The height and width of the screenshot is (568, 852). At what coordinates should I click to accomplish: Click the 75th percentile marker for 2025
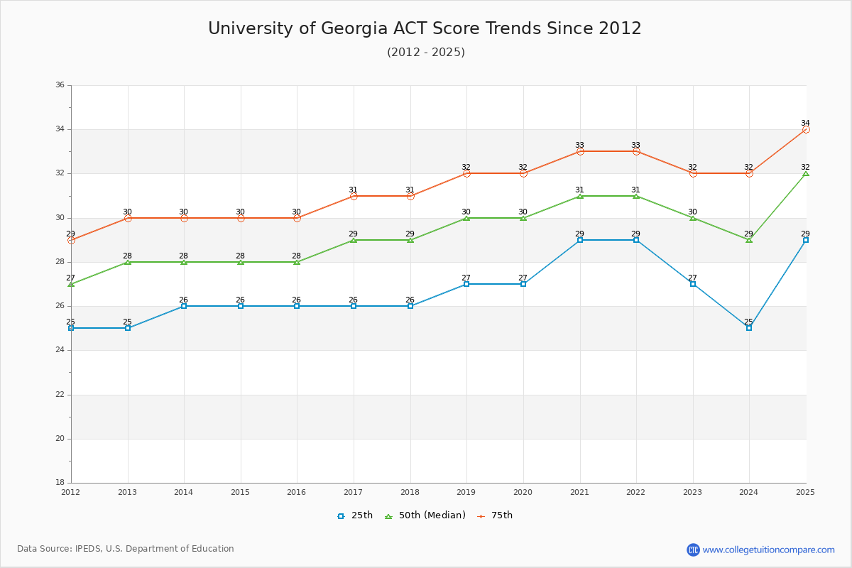[806, 129]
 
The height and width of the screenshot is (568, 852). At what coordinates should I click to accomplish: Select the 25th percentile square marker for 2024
[749, 328]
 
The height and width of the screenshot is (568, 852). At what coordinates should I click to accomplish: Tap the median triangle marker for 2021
[580, 195]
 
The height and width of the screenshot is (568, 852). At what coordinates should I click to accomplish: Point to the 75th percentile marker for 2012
[71, 240]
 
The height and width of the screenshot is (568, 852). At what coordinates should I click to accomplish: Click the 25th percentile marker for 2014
[184, 306]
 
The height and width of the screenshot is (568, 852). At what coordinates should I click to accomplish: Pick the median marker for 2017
[354, 240]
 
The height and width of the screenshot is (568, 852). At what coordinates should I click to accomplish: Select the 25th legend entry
[355, 515]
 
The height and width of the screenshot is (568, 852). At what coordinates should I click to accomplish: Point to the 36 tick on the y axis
[60, 85]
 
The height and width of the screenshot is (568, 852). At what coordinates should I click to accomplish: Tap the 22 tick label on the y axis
[60, 395]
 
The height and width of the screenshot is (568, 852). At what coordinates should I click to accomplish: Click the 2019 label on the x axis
[466, 491]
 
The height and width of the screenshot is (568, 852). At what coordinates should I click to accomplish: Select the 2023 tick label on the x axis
[692, 491]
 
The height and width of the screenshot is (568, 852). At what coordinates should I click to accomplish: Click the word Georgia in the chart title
[354, 28]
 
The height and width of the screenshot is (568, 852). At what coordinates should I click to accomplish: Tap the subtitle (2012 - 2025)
[426, 53]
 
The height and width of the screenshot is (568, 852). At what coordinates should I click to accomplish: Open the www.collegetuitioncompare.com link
[768, 550]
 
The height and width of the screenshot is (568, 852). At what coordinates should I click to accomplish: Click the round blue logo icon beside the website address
[693, 550]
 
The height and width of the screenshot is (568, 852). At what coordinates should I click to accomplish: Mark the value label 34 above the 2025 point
[805, 123]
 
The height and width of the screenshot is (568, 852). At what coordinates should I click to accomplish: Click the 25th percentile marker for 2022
[636, 240]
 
